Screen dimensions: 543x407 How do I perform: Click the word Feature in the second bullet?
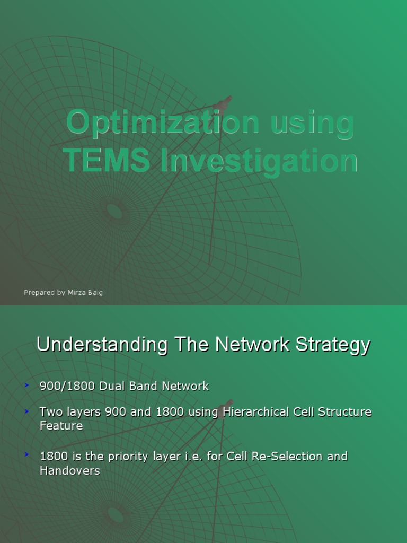point(61,425)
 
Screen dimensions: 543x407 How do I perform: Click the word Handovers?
point(70,470)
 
